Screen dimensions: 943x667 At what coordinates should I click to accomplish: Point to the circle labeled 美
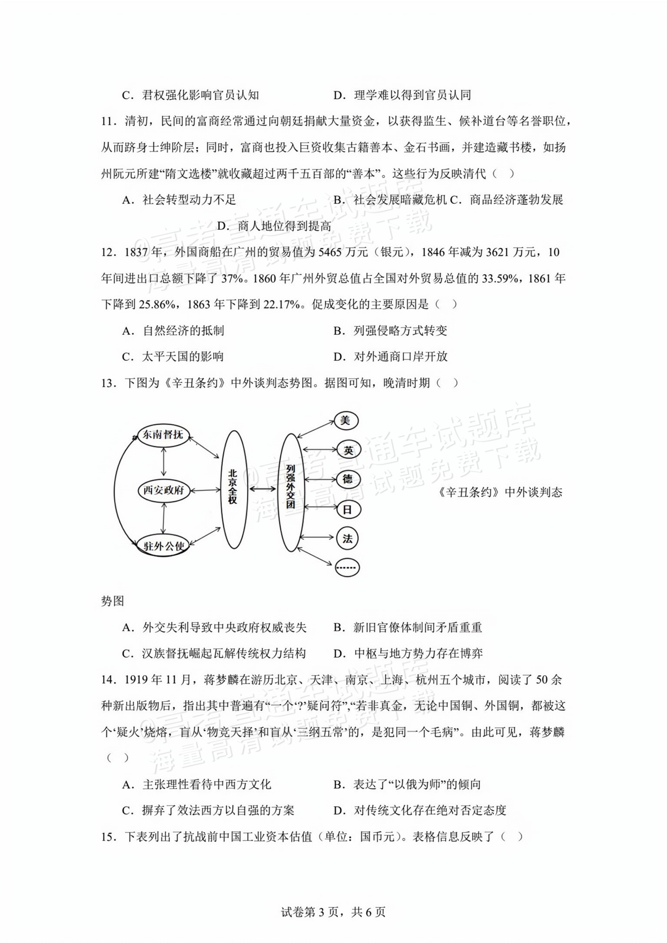pos(346,420)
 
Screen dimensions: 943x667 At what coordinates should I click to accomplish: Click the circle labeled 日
pos(347,510)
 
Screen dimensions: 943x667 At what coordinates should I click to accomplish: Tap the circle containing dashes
pos(347,568)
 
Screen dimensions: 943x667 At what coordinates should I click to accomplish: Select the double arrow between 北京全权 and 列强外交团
pos(262,489)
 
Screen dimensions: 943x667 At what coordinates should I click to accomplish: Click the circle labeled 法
pos(347,539)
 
